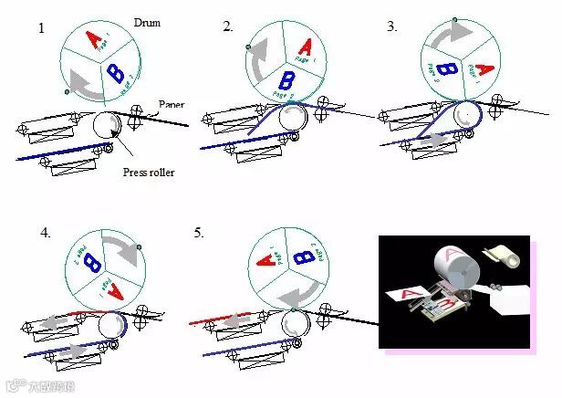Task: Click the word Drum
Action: [147, 21]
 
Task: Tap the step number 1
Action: [41, 28]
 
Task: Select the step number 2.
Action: [228, 26]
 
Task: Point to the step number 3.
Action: [392, 26]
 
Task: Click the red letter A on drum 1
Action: [92, 39]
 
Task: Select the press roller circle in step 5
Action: [294, 323]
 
